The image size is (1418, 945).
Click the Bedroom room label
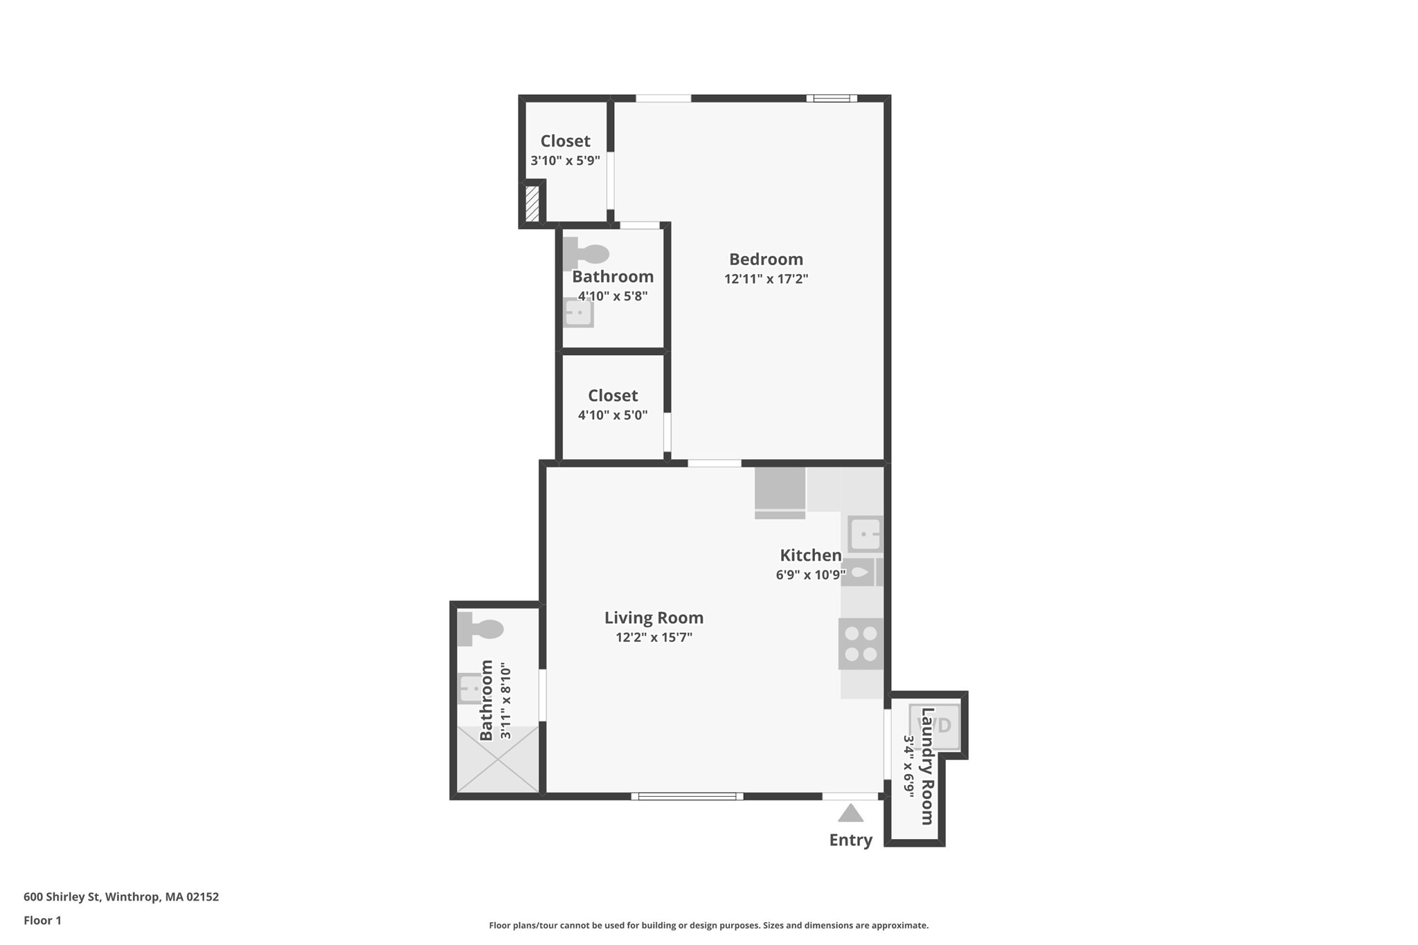766,260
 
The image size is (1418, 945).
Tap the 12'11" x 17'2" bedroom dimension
766,279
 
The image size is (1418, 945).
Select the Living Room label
654,618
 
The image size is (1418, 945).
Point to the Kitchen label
810,555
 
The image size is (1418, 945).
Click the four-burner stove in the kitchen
861,644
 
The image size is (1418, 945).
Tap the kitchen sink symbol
865,534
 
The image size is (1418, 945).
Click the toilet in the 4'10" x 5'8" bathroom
585,253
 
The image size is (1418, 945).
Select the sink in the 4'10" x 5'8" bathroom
578,313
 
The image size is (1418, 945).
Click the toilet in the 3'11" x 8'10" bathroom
480,629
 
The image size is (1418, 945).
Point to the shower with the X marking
498,759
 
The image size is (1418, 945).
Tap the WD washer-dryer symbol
935,726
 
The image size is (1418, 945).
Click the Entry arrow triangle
850,813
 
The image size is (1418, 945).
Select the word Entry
850,840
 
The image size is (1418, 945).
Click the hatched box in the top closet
532,204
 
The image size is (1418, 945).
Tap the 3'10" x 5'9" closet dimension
565,161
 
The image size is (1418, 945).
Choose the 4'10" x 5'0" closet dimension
613,415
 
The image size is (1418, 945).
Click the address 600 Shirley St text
121,897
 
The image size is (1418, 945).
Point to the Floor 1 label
42,920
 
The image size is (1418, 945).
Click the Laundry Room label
927,766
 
